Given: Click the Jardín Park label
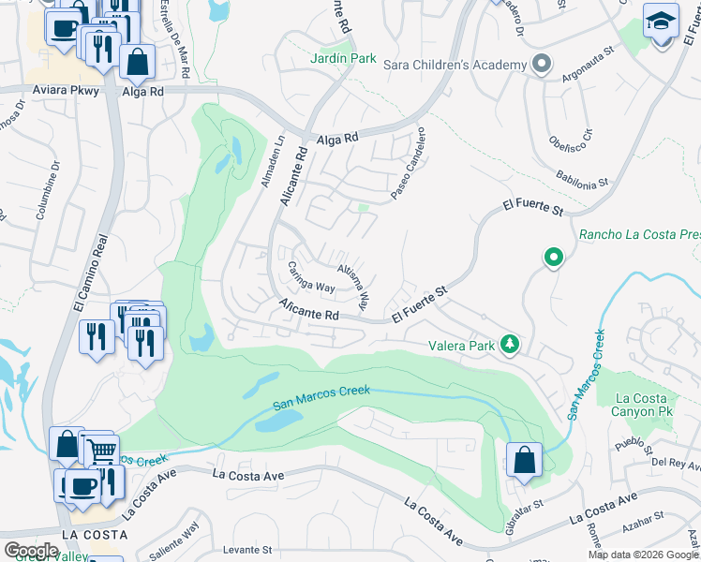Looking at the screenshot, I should tap(344, 58).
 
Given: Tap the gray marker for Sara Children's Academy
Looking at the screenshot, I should tap(541, 65).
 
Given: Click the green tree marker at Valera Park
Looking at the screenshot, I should tap(510, 346).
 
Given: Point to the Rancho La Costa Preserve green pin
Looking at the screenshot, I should tap(554, 257).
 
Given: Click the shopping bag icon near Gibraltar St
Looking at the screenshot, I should tap(523, 460).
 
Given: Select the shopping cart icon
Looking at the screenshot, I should tap(100, 451).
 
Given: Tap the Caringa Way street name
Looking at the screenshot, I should tap(311, 276).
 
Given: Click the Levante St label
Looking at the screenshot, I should tap(247, 550).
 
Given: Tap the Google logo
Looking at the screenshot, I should tap(31, 551).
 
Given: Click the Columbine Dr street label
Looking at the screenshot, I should tap(48, 191).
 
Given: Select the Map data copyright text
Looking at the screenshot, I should tap(643, 555).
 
